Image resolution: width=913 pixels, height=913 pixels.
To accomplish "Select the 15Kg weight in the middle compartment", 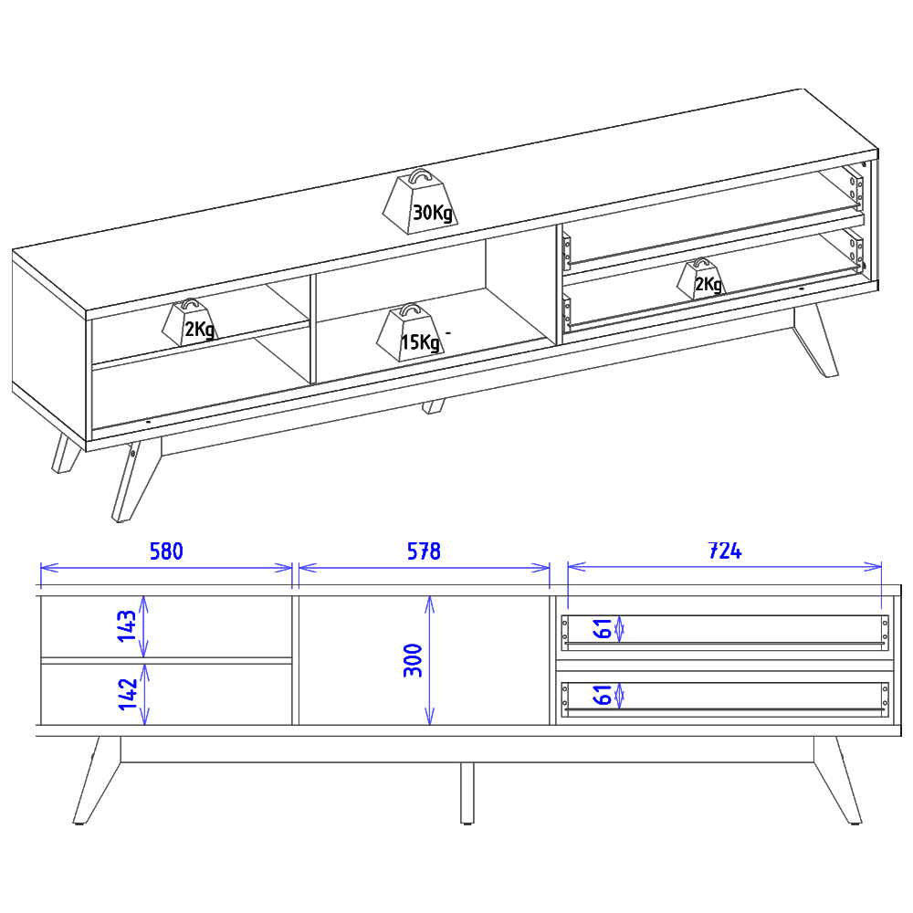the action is click(x=411, y=333).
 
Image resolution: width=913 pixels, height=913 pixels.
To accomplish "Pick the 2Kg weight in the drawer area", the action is click(x=701, y=279).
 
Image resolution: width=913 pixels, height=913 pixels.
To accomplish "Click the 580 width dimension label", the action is click(x=166, y=551).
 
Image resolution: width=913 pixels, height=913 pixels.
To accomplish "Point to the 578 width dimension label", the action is click(x=424, y=551).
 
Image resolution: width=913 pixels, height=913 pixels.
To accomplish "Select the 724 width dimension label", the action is click(x=725, y=551).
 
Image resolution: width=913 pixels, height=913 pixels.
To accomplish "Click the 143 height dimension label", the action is click(x=127, y=626).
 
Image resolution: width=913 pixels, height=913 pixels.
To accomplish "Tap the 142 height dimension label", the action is click(x=128, y=694).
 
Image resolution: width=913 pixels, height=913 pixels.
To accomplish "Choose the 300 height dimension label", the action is click(x=413, y=660).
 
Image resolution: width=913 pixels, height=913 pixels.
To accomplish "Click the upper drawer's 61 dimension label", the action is click(x=602, y=629).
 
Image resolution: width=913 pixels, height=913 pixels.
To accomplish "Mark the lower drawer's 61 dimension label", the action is click(x=602, y=695).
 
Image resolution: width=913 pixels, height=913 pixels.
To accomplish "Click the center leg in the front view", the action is click(x=467, y=793).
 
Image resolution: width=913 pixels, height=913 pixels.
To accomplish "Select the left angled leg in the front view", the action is click(x=97, y=781).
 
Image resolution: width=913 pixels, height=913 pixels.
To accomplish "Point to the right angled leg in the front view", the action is click(x=837, y=781).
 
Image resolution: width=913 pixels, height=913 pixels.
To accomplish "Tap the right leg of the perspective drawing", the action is click(x=815, y=341).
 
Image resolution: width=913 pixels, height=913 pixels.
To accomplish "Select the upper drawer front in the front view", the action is click(x=725, y=633).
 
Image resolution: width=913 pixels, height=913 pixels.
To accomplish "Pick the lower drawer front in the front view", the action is click(x=725, y=699).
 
